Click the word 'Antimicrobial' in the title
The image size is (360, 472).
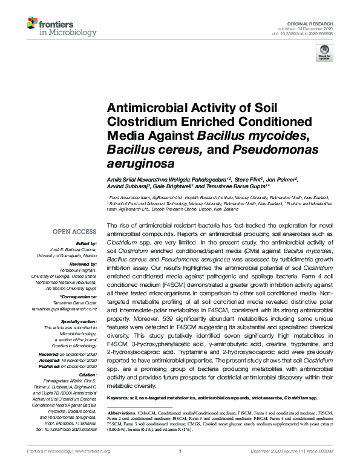click(143, 108)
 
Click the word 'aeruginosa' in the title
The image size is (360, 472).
click(135, 163)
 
